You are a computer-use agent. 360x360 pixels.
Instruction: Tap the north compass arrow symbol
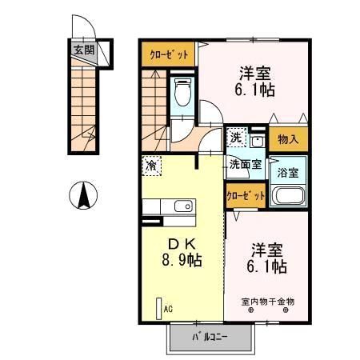coord(83,195)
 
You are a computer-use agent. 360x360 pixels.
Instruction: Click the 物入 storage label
coord(288,139)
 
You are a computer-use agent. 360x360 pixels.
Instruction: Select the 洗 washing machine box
coord(237,138)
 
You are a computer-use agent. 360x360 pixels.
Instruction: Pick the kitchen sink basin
coord(183,206)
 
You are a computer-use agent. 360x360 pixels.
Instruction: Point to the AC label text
coord(169,307)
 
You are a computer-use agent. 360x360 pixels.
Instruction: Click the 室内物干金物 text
coord(267,301)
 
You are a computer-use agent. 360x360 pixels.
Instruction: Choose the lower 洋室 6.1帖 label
coord(266,257)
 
